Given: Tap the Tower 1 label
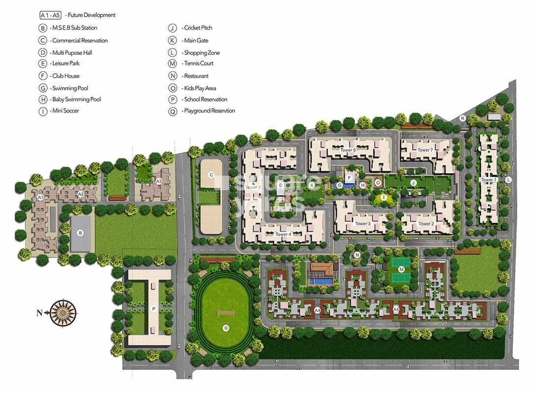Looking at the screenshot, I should coord(488,180).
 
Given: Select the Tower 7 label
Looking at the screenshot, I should coord(425,150).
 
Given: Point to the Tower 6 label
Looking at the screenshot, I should coord(348,150).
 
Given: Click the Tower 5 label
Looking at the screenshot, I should coord(253,187).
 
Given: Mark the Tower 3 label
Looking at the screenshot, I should coord(362,224).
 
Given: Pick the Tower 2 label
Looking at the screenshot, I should coord(426,224).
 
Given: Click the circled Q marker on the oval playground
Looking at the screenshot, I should coord(226,328).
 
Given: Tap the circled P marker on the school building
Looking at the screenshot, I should coord(154,309).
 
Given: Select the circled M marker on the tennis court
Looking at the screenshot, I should coord(401,269).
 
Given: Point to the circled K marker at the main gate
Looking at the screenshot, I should coord(463,118).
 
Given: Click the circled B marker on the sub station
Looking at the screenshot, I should coord(81,233).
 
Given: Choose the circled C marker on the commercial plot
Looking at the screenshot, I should coord(211,174).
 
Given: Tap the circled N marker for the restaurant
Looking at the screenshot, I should coord(357,254).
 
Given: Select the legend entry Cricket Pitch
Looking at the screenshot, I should coord(197,28).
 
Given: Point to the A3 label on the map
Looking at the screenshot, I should coord(159,181).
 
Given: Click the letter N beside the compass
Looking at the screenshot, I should coord(39,312).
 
